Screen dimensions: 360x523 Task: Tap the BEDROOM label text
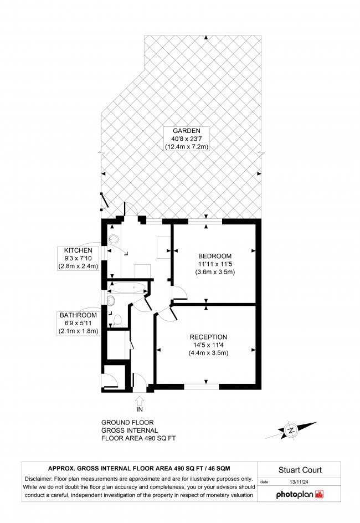pos(215,256)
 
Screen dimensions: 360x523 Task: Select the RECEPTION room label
pos(208,337)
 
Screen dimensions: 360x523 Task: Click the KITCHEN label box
pos(78,258)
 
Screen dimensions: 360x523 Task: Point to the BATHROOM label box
pos(78,323)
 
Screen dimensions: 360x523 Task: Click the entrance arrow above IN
pos(140,400)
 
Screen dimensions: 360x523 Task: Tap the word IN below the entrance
pos(140,409)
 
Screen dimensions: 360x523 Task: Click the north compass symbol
pos(291,430)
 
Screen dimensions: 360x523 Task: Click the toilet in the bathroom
pos(118,321)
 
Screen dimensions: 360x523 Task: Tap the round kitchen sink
pos(114,239)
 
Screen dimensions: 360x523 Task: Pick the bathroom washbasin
pos(111,300)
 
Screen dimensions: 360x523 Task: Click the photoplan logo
pos(300,494)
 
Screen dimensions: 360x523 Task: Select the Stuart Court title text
pos(300,470)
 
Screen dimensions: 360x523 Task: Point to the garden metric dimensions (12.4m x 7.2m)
pos(186,146)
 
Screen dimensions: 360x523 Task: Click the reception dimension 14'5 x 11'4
pos(208,345)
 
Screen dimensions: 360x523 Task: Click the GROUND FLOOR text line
pos(127,422)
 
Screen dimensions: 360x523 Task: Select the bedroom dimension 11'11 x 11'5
pos(215,264)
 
